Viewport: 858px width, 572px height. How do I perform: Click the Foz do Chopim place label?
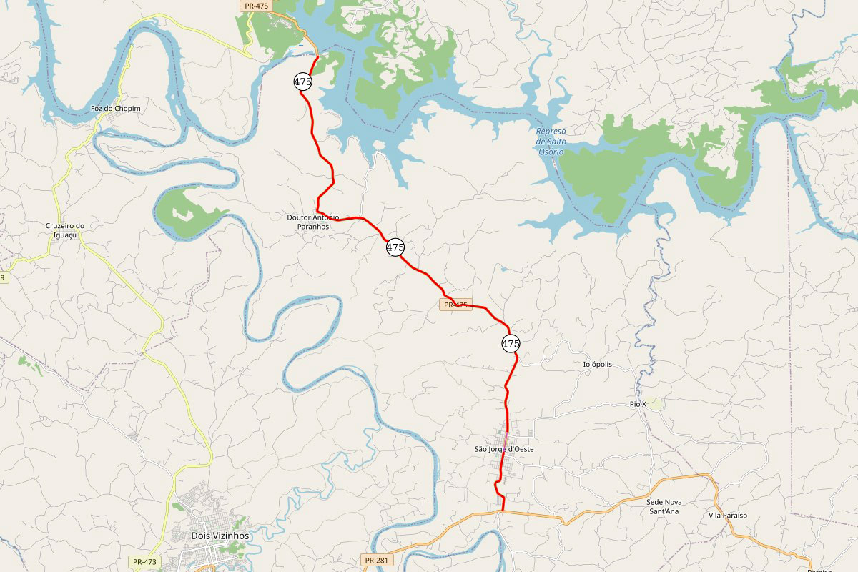[115, 109]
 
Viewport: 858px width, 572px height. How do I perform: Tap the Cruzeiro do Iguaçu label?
[65, 230]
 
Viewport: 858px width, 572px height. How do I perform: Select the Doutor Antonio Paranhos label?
[312, 222]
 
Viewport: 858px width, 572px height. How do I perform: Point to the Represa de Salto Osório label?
[551, 142]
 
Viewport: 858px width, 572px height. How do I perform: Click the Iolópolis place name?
[597, 365]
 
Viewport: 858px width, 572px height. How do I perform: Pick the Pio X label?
[638, 405]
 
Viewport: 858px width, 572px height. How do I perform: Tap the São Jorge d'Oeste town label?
[504, 449]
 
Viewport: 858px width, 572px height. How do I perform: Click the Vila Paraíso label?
[727, 516]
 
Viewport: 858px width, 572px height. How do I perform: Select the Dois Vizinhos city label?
[220, 536]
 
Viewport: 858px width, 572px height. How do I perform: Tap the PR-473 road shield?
[144, 562]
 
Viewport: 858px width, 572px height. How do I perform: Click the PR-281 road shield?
[375, 560]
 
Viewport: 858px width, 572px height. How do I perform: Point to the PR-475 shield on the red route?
[455, 305]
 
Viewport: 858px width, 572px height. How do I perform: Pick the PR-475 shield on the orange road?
[255, 5]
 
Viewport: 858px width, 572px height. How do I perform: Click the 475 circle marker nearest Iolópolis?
[511, 344]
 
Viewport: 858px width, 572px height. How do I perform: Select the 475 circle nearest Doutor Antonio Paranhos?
[395, 247]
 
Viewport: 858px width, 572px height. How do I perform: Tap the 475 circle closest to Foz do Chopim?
[302, 82]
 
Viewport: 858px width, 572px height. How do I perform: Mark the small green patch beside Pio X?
[656, 404]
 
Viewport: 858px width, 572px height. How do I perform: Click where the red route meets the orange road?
[503, 511]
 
